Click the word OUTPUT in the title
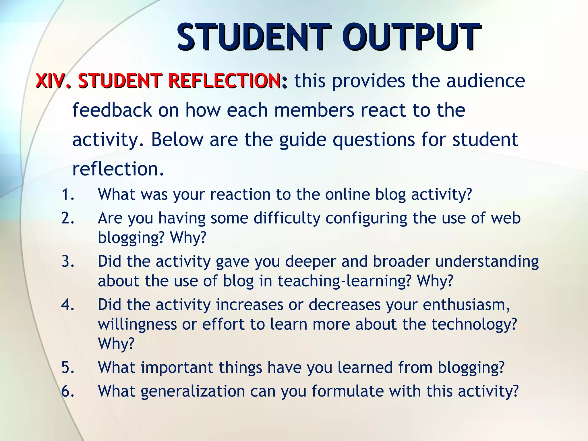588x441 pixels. tap(411, 37)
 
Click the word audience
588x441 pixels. tap(486, 81)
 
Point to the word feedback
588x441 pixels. tap(112, 110)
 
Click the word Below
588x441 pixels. tap(177, 140)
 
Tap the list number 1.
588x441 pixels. tap(68, 194)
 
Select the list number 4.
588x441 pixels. tap(68, 305)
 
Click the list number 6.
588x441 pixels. tap(68, 391)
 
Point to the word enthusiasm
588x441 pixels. tap(466, 305)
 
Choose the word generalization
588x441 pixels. tap(192, 391)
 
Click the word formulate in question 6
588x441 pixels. tap(347, 391)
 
